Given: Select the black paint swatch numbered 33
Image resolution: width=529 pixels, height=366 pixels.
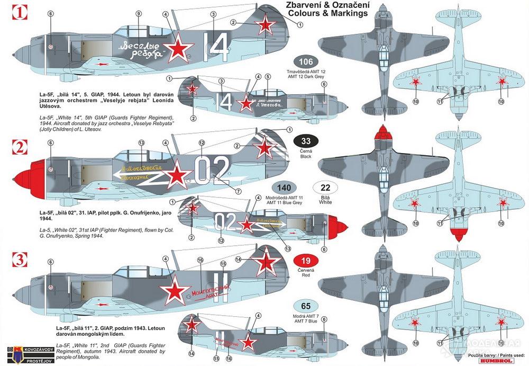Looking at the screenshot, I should click(x=306, y=141).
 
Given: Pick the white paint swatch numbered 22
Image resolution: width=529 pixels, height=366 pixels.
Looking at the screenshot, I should click(x=326, y=188).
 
